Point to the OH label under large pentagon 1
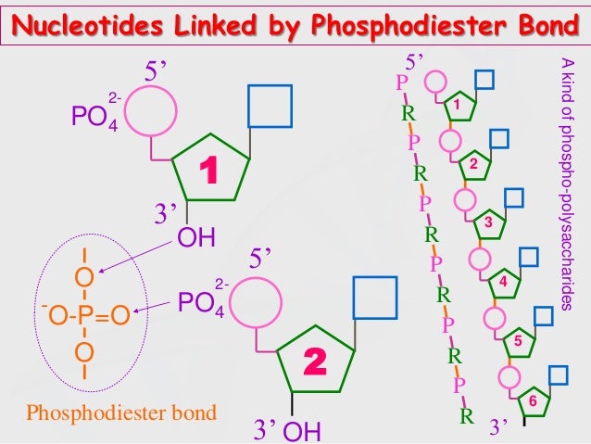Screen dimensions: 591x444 click(x=196, y=237)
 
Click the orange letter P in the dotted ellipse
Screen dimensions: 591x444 click(x=83, y=315)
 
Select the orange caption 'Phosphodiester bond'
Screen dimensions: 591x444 click(x=121, y=412)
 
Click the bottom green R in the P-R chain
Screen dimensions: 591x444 click(x=466, y=416)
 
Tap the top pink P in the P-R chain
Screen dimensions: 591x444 click(x=400, y=82)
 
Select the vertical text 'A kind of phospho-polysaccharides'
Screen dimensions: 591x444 click(x=567, y=184)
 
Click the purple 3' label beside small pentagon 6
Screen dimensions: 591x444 click(x=497, y=426)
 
